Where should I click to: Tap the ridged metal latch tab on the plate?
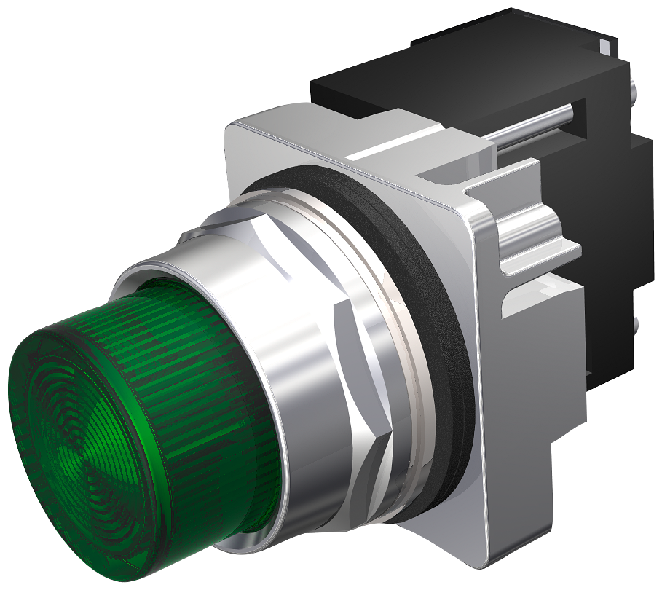click(539, 240)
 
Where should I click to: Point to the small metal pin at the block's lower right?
click(638, 320)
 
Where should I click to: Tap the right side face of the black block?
click(612, 219)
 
